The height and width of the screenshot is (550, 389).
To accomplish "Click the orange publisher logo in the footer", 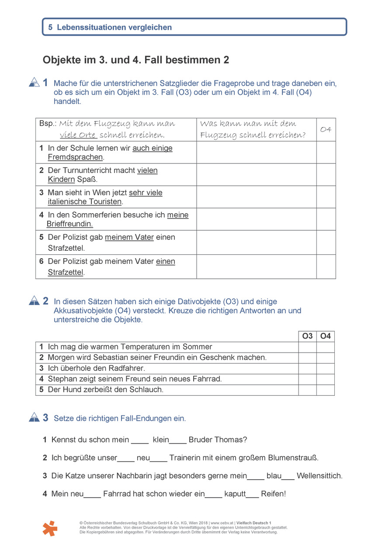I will [50, 528].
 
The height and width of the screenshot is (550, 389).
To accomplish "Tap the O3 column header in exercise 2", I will [307, 336].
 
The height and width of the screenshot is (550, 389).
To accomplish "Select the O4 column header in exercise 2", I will [326, 336].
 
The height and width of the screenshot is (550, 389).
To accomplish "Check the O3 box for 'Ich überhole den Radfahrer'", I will [307, 368].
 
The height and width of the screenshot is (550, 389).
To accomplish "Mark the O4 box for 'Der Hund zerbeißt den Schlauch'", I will [326, 390].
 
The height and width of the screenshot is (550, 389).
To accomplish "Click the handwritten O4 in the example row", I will [326, 129].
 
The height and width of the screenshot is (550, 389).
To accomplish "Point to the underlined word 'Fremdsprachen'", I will [75, 157].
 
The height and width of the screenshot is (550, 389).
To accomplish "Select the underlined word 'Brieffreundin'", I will [69, 224].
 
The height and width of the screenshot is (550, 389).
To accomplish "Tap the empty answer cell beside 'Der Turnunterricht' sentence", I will [256, 175].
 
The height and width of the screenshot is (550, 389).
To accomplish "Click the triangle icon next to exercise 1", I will [34, 82].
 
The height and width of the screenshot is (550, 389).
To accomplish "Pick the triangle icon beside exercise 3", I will [34, 418].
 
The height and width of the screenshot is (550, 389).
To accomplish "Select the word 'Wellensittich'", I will [320, 476].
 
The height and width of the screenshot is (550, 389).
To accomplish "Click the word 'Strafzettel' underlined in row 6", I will [66, 273].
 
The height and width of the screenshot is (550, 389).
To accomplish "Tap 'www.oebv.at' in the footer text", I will [222, 523].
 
